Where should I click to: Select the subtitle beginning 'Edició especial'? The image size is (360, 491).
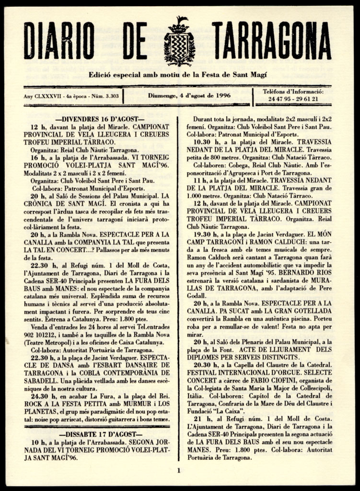tap(177, 75)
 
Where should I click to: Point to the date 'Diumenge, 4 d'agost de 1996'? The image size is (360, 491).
tap(189, 95)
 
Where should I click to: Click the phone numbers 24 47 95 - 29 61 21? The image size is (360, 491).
tap(293, 99)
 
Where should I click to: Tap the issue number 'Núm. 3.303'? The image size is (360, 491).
tap(105, 96)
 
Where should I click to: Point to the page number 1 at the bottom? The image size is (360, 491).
tap(178, 470)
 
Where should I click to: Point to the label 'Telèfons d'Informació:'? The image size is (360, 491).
tap(293, 92)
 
